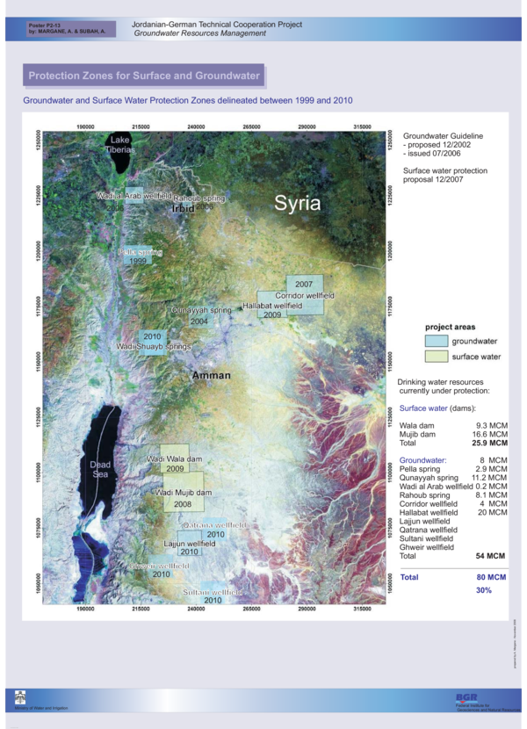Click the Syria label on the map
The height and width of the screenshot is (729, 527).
coord(298,204)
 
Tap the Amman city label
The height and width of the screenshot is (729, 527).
coord(212,375)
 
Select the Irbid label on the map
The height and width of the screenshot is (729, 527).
coord(184,210)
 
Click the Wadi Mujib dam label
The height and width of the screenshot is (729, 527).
coord(184,493)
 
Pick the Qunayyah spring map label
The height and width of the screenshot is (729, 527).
coord(201,310)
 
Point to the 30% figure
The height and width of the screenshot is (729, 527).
coord(484,590)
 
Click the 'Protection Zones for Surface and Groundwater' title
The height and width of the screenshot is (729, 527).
coord(144,76)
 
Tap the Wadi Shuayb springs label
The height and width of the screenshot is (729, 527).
coord(154,347)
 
